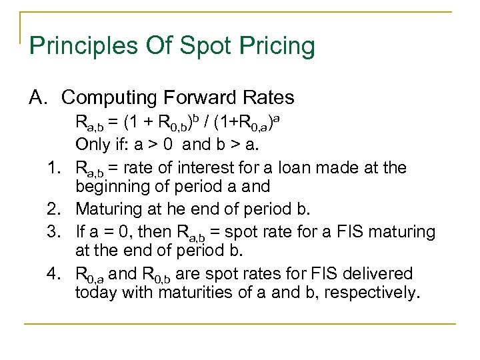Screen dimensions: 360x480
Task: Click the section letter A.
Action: [37, 97]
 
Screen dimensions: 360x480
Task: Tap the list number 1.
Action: [57, 167]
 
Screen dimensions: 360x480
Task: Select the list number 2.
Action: [57, 209]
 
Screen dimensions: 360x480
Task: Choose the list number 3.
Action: [57, 231]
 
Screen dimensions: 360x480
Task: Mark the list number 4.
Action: [57, 274]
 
